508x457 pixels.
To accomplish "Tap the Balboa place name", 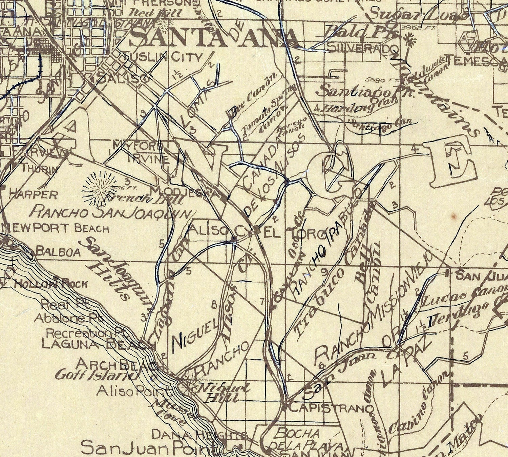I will click(x=58, y=252).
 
